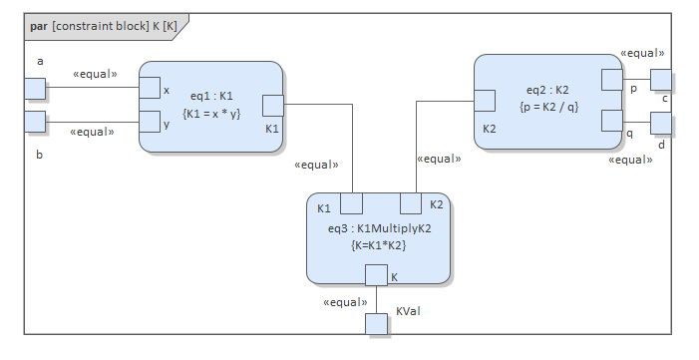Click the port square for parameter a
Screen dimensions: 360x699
35,89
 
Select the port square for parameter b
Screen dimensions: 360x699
35,122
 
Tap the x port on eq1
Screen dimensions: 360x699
150,89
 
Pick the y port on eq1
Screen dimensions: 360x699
150,122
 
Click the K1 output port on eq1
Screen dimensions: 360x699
273,106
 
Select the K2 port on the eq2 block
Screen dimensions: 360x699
486,100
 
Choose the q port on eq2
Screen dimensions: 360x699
612,122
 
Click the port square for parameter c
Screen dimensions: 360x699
660,79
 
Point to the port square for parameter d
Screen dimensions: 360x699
660,123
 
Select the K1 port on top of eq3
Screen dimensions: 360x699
351,203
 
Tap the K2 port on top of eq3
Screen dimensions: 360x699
411,203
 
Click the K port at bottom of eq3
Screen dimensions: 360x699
376,275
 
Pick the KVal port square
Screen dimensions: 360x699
376,323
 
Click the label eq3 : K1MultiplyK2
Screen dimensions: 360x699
380,228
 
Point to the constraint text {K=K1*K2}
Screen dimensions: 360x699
380,244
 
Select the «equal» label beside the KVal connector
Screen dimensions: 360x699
345,301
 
